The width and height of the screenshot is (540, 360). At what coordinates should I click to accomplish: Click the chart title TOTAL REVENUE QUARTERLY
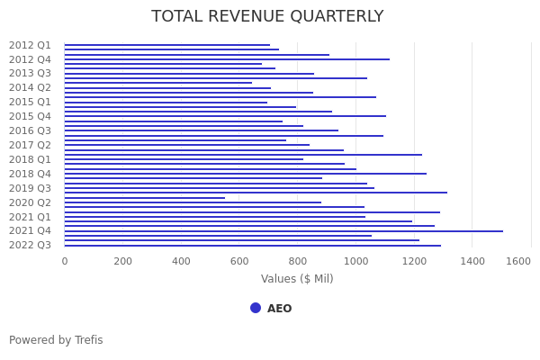point(267,17)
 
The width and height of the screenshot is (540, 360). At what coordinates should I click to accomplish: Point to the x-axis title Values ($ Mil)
point(297,279)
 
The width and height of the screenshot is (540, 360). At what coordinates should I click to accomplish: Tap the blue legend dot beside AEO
point(256,308)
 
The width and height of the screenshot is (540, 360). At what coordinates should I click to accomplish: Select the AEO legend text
point(279,309)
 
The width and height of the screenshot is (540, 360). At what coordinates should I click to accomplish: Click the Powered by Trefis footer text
point(56,340)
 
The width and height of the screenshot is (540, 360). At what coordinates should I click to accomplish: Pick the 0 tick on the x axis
point(65,261)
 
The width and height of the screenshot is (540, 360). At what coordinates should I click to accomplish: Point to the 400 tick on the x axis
point(181,261)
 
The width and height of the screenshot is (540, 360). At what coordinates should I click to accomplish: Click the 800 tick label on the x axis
point(298,261)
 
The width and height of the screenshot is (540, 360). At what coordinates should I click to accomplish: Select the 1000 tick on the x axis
point(356,261)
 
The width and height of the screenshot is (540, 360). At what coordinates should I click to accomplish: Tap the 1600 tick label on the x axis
point(518,261)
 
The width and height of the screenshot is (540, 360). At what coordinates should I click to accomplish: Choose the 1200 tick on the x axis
point(414,261)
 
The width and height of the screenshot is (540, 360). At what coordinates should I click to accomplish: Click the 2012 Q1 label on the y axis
point(30,45)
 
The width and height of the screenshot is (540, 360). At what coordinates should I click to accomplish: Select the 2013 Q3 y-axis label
point(30,74)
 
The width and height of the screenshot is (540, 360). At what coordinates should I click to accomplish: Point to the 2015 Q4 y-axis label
point(30,116)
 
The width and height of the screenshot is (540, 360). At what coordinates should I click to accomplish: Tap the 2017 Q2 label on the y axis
point(30,145)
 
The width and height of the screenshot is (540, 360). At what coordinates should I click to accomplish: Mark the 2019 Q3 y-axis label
point(30,188)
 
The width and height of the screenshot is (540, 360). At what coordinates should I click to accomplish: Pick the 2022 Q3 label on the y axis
point(30,245)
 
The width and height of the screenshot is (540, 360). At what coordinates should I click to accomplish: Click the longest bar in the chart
point(283,231)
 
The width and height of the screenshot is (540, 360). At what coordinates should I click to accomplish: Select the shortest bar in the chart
point(144,198)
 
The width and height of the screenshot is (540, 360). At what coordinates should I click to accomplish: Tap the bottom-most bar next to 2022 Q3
point(252,246)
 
